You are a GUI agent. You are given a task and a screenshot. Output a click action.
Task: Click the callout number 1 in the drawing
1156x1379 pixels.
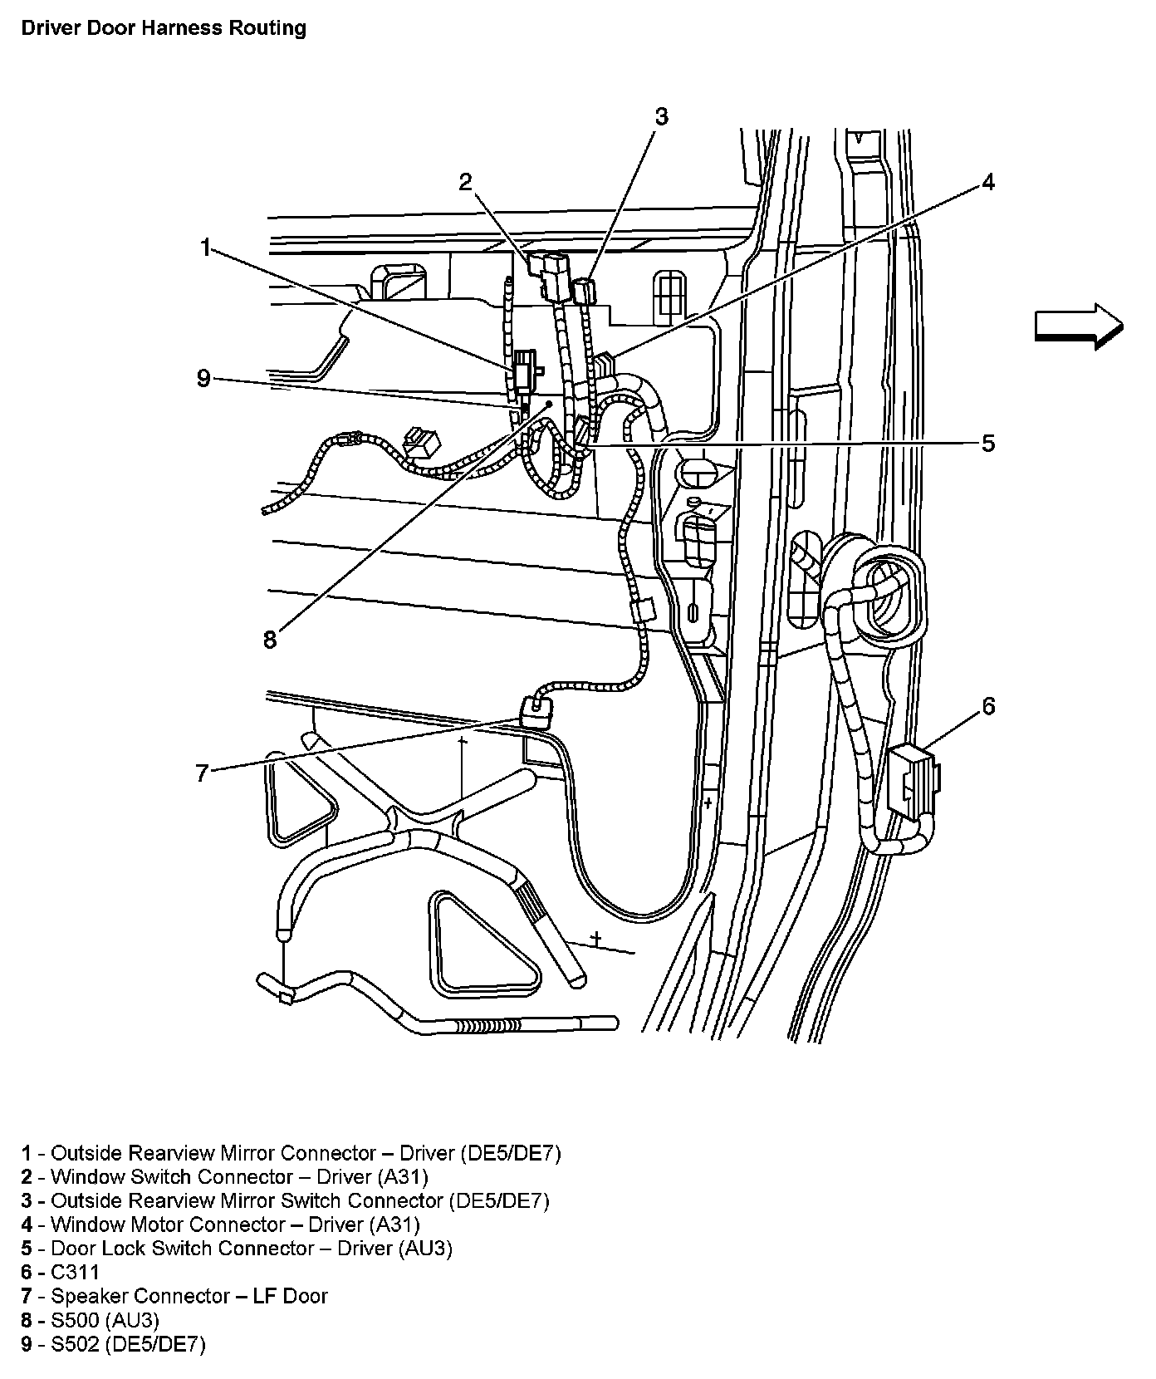pyautogui.click(x=206, y=247)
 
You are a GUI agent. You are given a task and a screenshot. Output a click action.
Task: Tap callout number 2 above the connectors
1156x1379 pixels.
pyautogui.click(x=466, y=182)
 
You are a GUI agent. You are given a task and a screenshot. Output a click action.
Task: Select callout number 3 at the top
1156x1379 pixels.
pyautogui.click(x=660, y=117)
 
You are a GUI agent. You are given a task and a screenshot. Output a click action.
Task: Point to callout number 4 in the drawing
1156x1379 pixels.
pyautogui.click(x=987, y=182)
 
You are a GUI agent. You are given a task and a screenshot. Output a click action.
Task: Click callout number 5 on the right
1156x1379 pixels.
pyautogui.click(x=987, y=443)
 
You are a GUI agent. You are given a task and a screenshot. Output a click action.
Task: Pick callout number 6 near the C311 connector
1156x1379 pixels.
pyautogui.click(x=988, y=706)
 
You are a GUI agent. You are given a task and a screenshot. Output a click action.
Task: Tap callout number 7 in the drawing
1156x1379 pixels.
pyautogui.click(x=202, y=773)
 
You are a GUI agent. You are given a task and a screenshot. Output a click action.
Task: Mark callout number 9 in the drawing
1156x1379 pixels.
pyautogui.click(x=204, y=379)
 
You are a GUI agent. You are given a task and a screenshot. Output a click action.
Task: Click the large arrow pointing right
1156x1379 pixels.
pyautogui.click(x=1078, y=326)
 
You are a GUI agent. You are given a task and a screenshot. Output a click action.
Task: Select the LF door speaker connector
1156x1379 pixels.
pyautogui.click(x=536, y=712)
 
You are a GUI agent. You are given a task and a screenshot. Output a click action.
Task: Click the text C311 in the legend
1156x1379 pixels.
pyautogui.click(x=75, y=1272)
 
